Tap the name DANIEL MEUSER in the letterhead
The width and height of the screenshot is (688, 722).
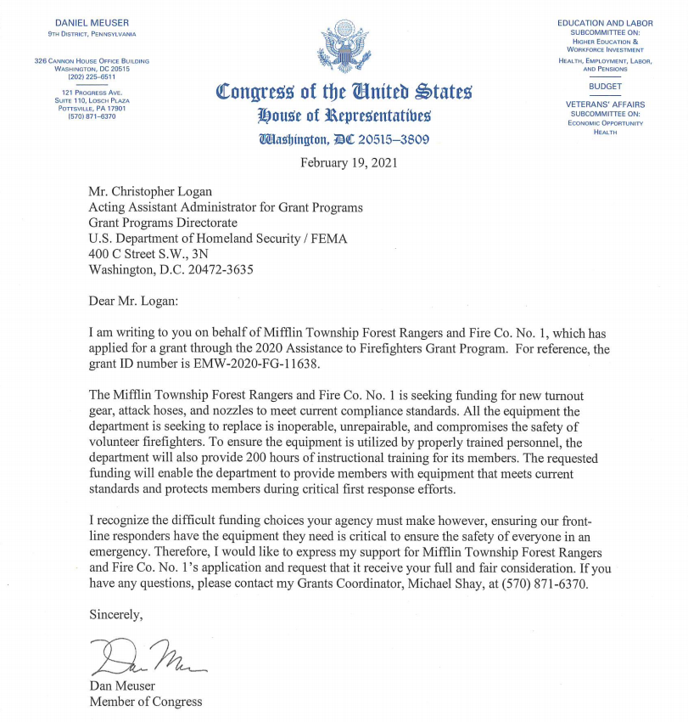coord(92,21)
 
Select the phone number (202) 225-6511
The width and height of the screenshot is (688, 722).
coord(92,76)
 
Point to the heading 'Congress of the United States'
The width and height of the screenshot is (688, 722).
coord(344,91)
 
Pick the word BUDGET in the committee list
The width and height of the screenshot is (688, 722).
coord(605,87)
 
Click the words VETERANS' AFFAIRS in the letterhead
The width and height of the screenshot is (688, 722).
coord(605,104)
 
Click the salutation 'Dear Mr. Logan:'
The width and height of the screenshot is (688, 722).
coord(140,300)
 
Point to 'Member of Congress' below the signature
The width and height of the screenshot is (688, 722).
coord(146,701)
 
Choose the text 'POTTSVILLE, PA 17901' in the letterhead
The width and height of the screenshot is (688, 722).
coord(92,109)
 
